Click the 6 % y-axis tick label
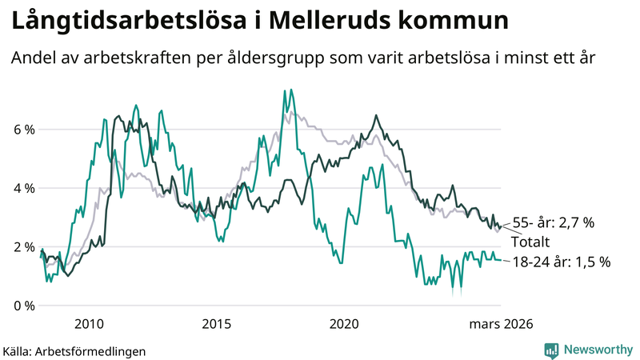point(23,130)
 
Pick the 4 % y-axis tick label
point(23,188)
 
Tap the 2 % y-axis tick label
point(23,247)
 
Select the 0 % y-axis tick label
point(23,306)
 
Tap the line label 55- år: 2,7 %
point(552,223)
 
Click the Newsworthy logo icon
point(551,350)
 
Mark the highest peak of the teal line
point(285,90)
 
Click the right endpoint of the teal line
point(501,260)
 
